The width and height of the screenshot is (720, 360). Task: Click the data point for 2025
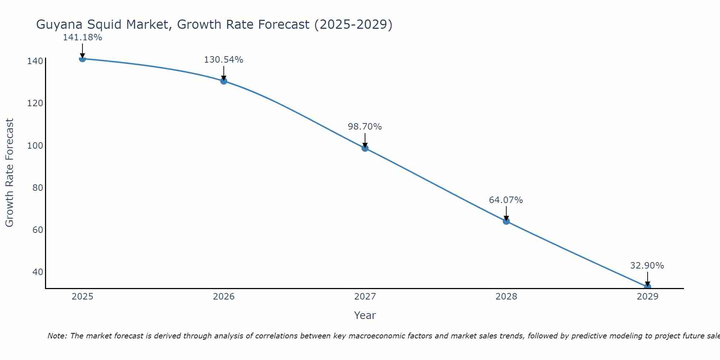[82, 58]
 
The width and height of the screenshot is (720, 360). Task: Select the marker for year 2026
[224, 81]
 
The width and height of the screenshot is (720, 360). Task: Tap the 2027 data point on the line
[365, 148]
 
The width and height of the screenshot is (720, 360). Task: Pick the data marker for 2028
[506, 221]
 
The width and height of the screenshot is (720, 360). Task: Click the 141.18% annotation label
[82, 37]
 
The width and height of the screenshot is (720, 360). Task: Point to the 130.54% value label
[224, 60]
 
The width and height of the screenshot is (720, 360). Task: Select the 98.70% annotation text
[365, 127]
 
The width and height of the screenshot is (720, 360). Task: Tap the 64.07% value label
[506, 200]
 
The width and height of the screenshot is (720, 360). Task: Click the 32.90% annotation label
[647, 266]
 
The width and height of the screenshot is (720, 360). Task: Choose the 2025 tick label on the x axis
[82, 297]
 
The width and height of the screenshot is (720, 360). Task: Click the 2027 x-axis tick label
[365, 297]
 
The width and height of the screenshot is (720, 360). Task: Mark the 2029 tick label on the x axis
[647, 297]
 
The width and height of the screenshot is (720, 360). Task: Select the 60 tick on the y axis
[37, 230]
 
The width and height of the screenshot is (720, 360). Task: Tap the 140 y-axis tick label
[35, 61]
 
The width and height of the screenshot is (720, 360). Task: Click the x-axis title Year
[365, 315]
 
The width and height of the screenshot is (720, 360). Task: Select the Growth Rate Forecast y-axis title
[10, 172]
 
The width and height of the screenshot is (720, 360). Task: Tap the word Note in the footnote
[57, 336]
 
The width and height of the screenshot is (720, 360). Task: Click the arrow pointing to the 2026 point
[224, 73]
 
